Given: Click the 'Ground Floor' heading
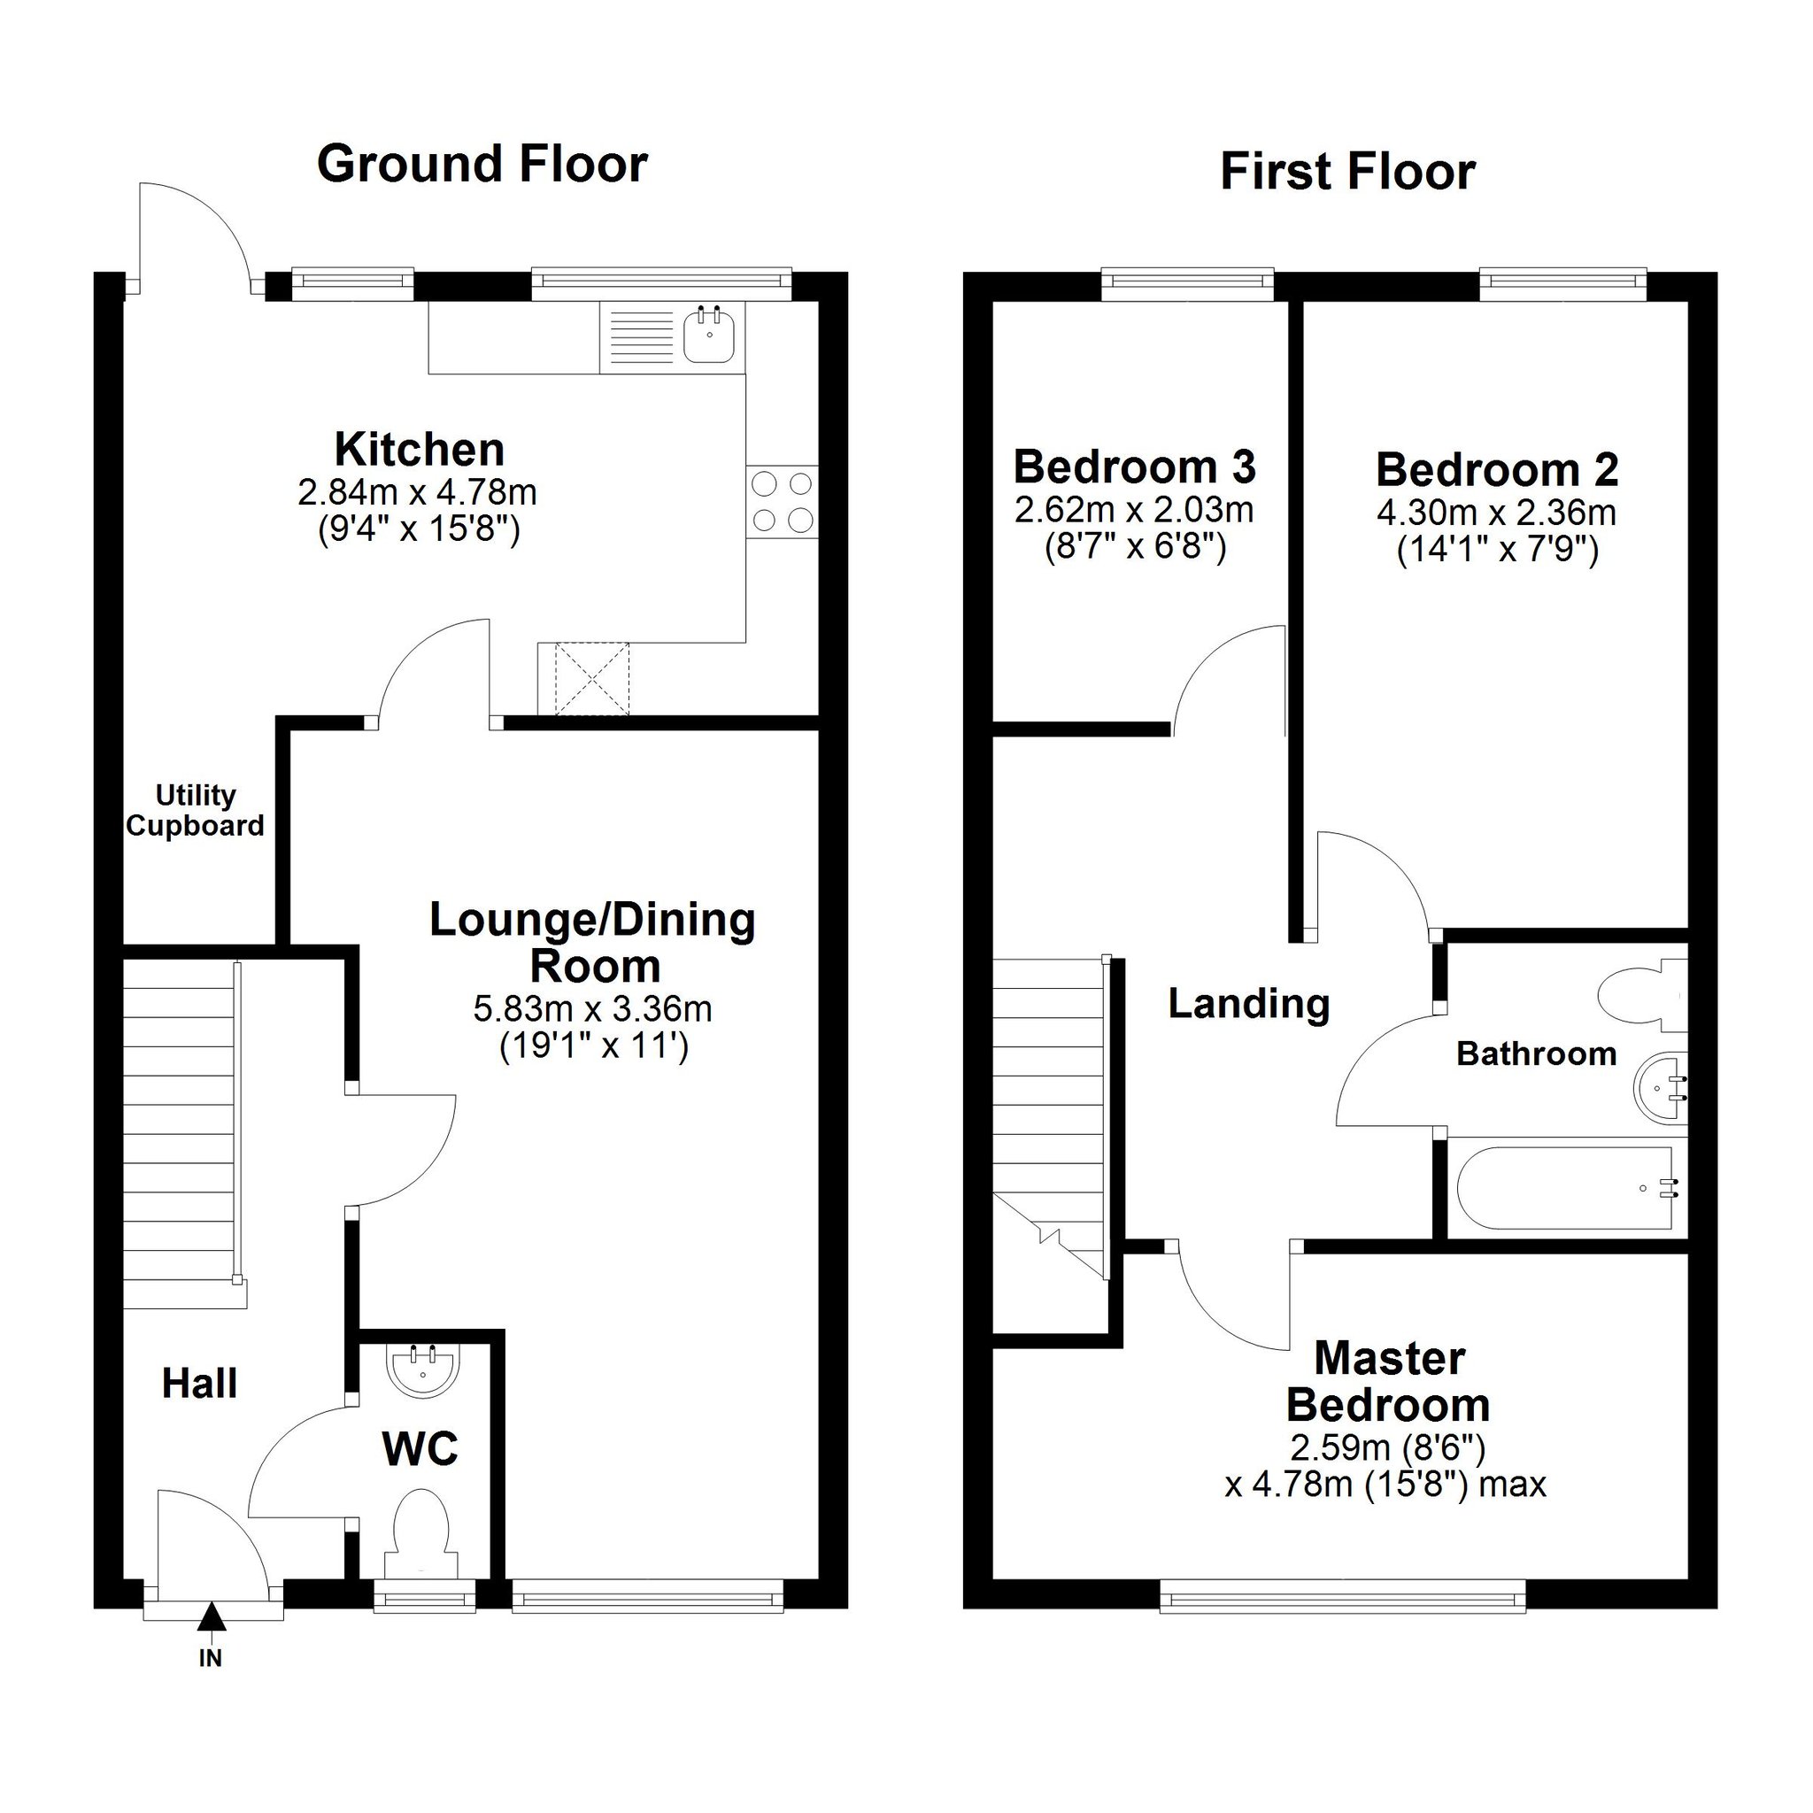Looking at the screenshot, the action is [x=482, y=165].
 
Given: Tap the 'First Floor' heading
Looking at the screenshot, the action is [x=1347, y=173].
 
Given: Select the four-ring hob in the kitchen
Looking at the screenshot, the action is [x=783, y=502].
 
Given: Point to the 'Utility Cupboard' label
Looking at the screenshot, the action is [x=195, y=811].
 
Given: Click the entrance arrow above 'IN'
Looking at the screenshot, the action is [x=212, y=1616].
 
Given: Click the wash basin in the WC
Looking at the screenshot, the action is [x=423, y=1372].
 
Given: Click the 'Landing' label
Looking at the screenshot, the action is [x=1249, y=1005].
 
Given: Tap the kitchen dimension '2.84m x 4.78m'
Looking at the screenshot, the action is [x=418, y=490].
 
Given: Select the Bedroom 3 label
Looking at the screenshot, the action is [x=1135, y=467].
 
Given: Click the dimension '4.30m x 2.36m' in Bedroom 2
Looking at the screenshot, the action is [x=1497, y=513].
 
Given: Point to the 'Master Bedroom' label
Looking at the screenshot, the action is [x=1389, y=1382].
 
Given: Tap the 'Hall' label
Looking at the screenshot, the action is [x=200, y=1384].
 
